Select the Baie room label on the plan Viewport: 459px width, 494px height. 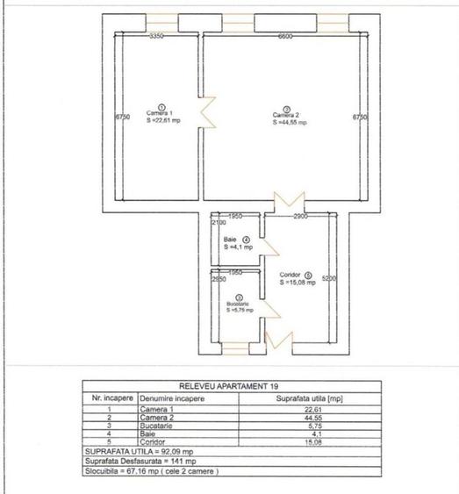231,240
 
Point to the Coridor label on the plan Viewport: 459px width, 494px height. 290,275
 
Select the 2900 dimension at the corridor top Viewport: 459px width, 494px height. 301,215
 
